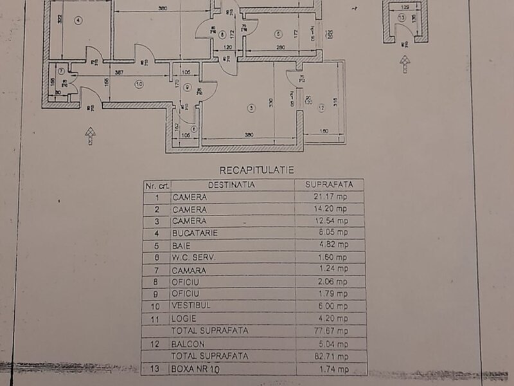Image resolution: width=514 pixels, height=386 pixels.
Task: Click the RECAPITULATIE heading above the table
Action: tap(256, 170)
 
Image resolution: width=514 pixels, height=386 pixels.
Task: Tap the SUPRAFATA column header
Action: tap(329, 185)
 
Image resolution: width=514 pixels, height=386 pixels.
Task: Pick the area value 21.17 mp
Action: tap(330, 197)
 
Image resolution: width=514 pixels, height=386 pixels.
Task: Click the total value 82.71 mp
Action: tap(330, 356)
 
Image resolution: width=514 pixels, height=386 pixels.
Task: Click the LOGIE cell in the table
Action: tap(184, 319)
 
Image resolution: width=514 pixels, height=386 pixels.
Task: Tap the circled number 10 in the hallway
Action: tap(137, 83)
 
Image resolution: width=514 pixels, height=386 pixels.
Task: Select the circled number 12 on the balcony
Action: tap(321, 107)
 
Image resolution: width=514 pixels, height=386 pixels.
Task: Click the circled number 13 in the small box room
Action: tap(402, 17)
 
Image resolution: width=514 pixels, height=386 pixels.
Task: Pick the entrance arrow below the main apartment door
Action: tap(90, 134)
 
